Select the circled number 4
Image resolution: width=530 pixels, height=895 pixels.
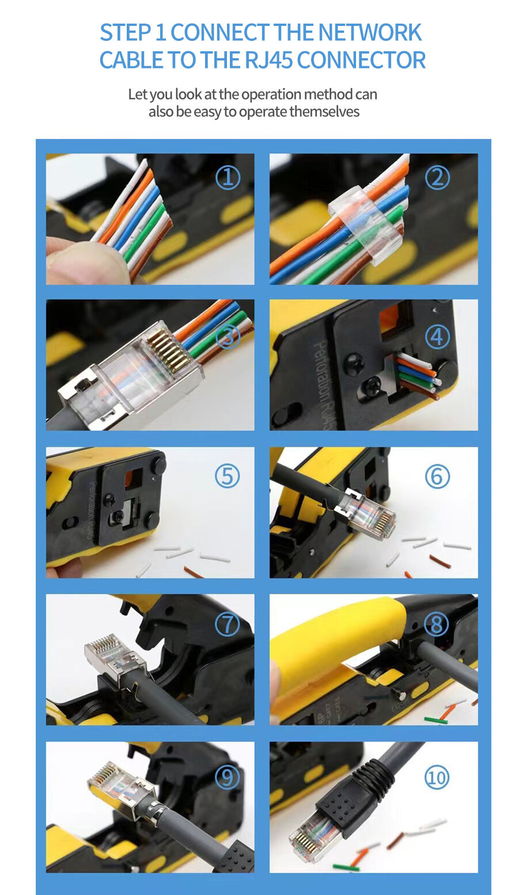(437, 336)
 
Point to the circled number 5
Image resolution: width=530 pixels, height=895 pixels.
(227, 477)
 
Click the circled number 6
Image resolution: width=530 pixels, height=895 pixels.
(437, 477)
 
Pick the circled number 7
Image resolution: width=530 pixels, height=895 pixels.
(227, 624)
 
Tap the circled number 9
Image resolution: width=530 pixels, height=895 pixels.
(227, 778)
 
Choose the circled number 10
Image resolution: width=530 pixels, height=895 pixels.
(437, 778)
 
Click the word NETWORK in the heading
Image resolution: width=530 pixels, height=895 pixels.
(370, 33)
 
